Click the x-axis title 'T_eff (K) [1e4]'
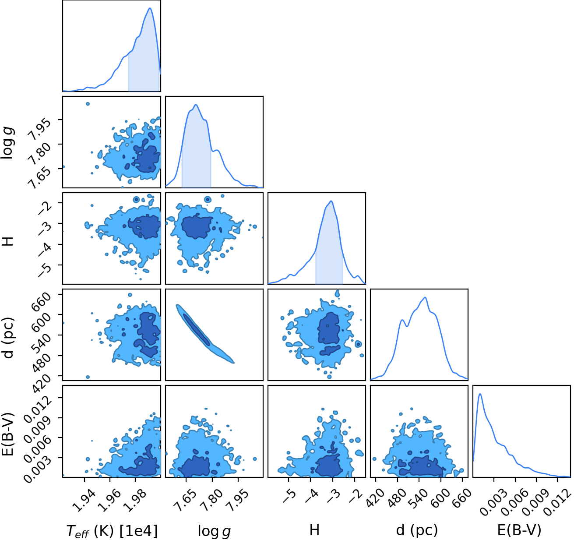[112, 531]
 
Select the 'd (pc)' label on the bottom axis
[417, 530]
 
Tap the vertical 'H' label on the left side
[9, 240]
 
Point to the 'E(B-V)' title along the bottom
[519, 530]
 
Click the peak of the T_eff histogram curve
[150, 8]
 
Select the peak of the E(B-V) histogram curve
[480, 394]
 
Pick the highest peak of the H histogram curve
[331, 201]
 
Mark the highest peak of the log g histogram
[196, 104]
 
